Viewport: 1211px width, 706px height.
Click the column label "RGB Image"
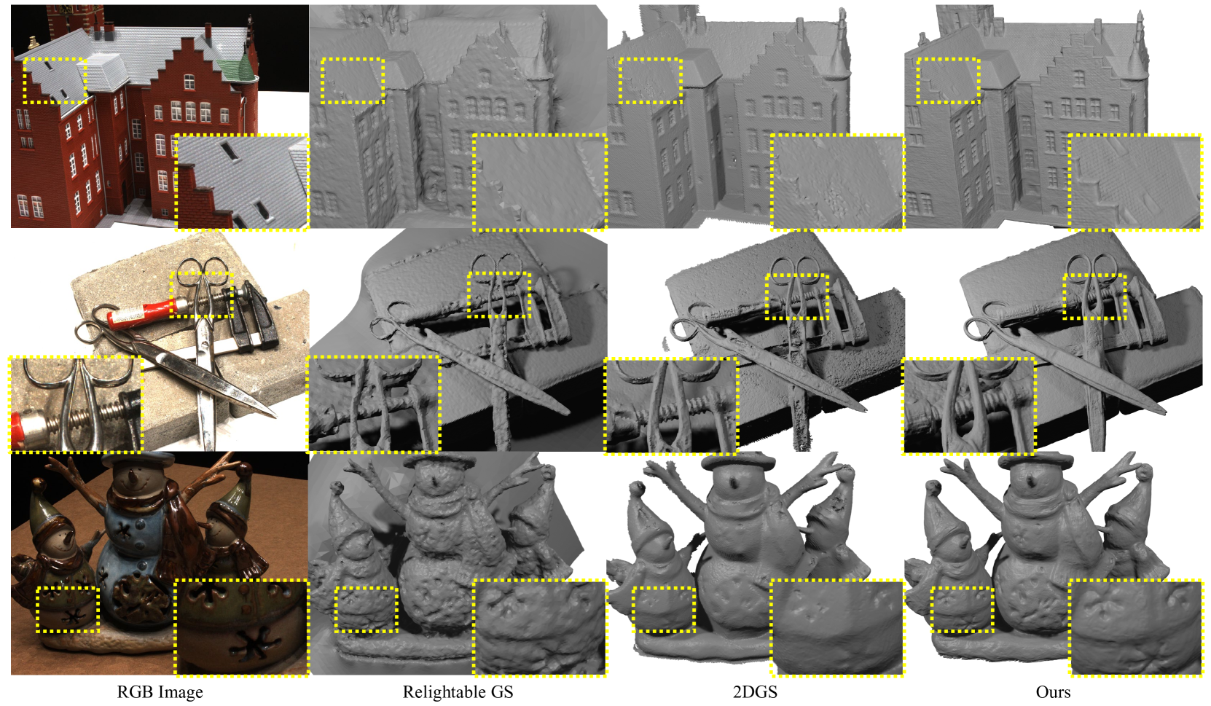[x=160, y=692]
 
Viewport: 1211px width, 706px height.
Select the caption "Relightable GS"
[x=458, y=692]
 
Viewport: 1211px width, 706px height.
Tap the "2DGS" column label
[x=755, y=692]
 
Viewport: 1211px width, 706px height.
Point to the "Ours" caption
[x=1053, y=692]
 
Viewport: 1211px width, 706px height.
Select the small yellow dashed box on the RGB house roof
[x=55, y=81]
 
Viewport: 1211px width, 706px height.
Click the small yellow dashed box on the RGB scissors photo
[x=202, y=294]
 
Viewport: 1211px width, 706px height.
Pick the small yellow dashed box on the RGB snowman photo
[x=68, y=609]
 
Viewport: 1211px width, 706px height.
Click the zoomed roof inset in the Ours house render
[x=1136, y=181]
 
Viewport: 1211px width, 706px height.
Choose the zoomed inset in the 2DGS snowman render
[x=837, y=627]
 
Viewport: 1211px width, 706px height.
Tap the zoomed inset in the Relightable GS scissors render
[x=375, y=404]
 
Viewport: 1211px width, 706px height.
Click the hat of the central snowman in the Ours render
[x=1046, y=460]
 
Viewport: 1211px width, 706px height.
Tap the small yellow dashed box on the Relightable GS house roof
[x=353, y=81]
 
